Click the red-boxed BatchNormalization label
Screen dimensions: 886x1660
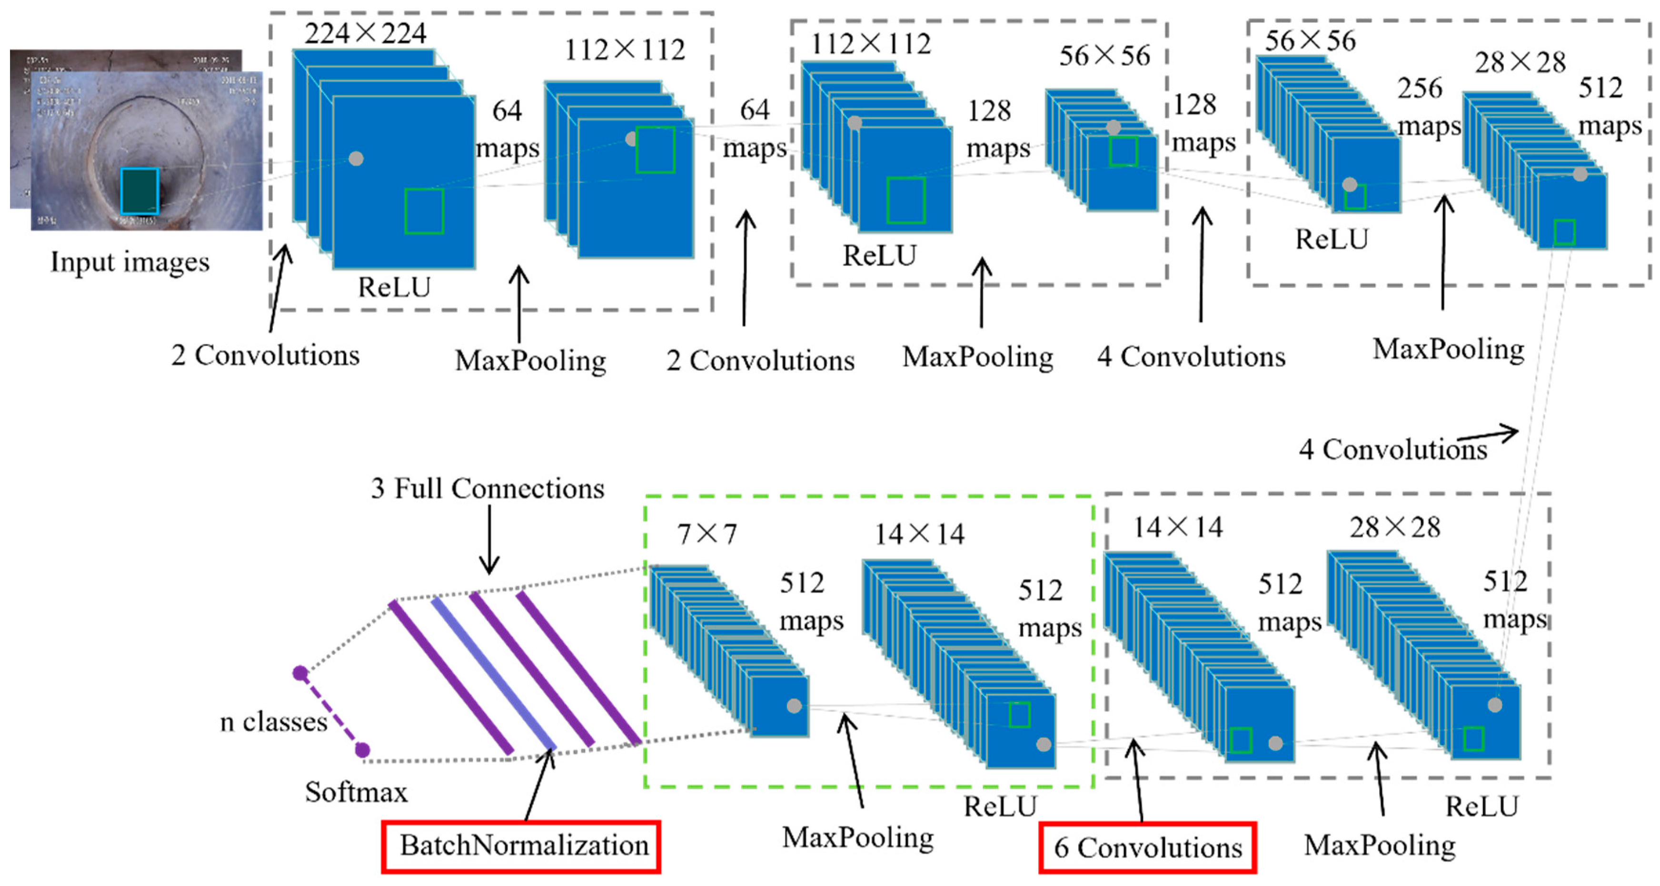[x=521, y=846]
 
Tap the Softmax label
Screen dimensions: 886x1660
[x=357, y=792]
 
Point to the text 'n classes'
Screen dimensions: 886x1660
[x=274, y=722]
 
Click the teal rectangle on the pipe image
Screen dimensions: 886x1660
[x=139, y=191]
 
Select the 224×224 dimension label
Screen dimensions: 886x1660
[x=366, y=33]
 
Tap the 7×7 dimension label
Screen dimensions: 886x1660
[x=707, y=534]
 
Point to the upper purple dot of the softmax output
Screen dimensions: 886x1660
[x=300, y=673]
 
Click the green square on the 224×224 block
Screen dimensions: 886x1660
[x=424, y=210]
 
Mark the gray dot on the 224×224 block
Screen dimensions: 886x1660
[x=356, y=158]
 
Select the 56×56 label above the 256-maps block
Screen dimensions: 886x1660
[x=1310, y=40]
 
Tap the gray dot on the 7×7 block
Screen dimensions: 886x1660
[x=794, y=706]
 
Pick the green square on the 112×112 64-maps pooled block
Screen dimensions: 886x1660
[x=656, y=149]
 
